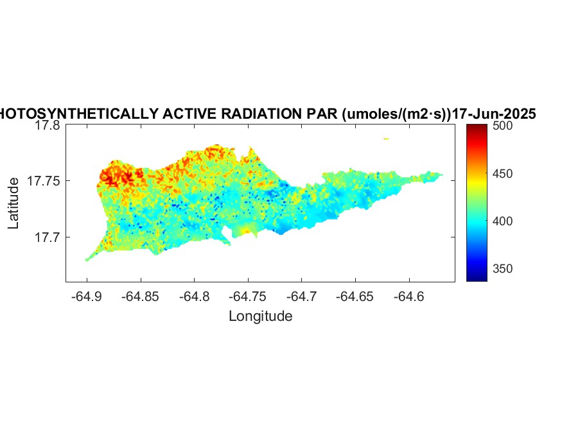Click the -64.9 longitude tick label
87,296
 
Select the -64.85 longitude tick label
141,296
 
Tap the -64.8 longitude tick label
195,296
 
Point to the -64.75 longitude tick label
249,296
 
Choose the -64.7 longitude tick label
303,296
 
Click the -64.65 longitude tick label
356,296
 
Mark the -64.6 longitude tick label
410,296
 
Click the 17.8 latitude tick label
48,126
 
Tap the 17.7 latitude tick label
48,237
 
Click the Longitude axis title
260,316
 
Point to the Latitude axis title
13,204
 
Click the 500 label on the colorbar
503,126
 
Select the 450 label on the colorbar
503,174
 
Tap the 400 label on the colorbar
503,221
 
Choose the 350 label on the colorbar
503,268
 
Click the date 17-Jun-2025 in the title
494,114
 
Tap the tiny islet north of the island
386,138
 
